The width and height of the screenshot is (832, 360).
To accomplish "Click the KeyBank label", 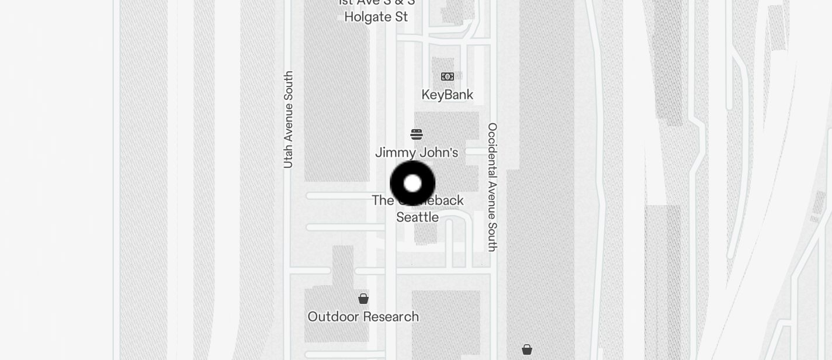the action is (448, 95).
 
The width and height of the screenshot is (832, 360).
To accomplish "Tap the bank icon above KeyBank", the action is (448, 77).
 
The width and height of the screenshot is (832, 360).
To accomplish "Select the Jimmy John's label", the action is (417, 153).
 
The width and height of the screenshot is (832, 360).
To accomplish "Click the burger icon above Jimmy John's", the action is (417, 134).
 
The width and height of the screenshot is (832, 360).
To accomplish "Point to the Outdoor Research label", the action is (363, 317).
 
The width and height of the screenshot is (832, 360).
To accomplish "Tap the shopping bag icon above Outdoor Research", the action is (363, 299).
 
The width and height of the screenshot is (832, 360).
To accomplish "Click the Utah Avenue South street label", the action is (288, 120).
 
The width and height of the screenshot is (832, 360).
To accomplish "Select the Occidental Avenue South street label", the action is (493, 187).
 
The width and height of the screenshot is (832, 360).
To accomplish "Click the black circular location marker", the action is (412, 184).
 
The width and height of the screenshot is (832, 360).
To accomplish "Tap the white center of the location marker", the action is (412, 184).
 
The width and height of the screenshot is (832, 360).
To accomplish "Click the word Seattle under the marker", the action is (417, 217).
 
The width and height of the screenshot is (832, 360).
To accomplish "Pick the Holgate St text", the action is (376, 17).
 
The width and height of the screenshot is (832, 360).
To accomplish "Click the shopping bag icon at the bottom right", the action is (527, 349).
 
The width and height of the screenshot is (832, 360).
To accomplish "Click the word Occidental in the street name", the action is (493, 149).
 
